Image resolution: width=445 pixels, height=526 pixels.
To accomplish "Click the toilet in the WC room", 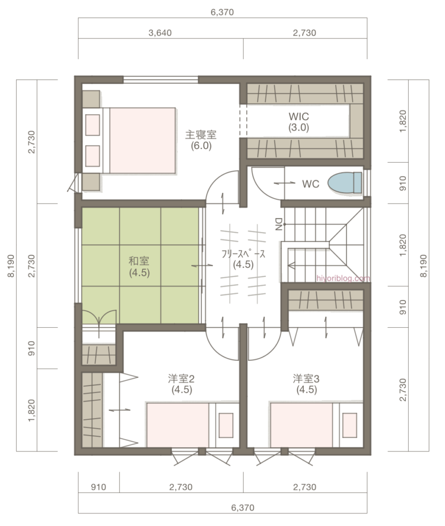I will pyautogui.click(x=345, y=183).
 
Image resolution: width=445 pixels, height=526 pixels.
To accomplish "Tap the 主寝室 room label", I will pyautogui.click(x=201, y=139).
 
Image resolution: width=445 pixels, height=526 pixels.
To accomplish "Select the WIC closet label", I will pyautogui.click(x=299, y=122).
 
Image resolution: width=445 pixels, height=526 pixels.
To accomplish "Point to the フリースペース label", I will pyautogui.click(x=243, y=259).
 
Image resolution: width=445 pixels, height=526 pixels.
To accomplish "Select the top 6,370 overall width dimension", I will pyautogui.click(x=222, y=12).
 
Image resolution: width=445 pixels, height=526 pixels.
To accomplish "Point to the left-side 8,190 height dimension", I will pyautogui.click(x=10, y=266).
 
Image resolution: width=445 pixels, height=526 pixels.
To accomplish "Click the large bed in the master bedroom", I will pyautogui.click(x=142, y=140).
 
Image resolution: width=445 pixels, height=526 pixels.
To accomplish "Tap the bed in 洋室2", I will pyautogui.click(x=178, y=424).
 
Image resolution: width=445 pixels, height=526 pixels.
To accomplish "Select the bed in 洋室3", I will pyautogui.click(x=303, y=424).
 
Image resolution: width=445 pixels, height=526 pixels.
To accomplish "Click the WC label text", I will pyautogui.click(x=310, y=184).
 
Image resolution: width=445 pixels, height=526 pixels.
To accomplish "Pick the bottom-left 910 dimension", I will pyautogui.click(x=98, y=487).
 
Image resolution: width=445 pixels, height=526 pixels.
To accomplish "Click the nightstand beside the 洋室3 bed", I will pyautogui.click(x=350, y=424).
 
